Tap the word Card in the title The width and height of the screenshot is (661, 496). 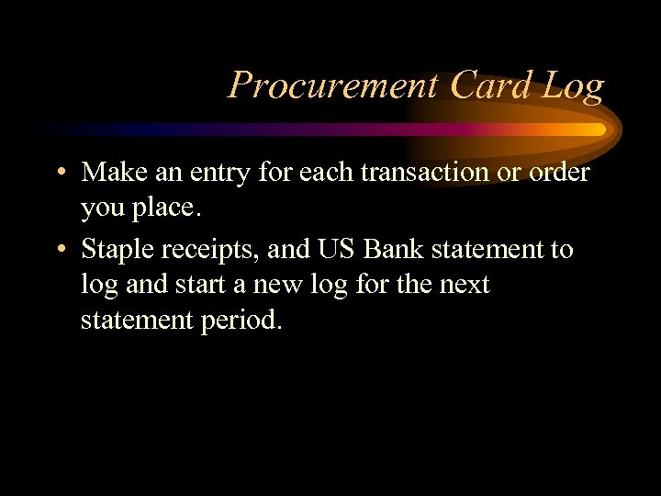click(491, 85)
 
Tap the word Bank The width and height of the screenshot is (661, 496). click(389, 249)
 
